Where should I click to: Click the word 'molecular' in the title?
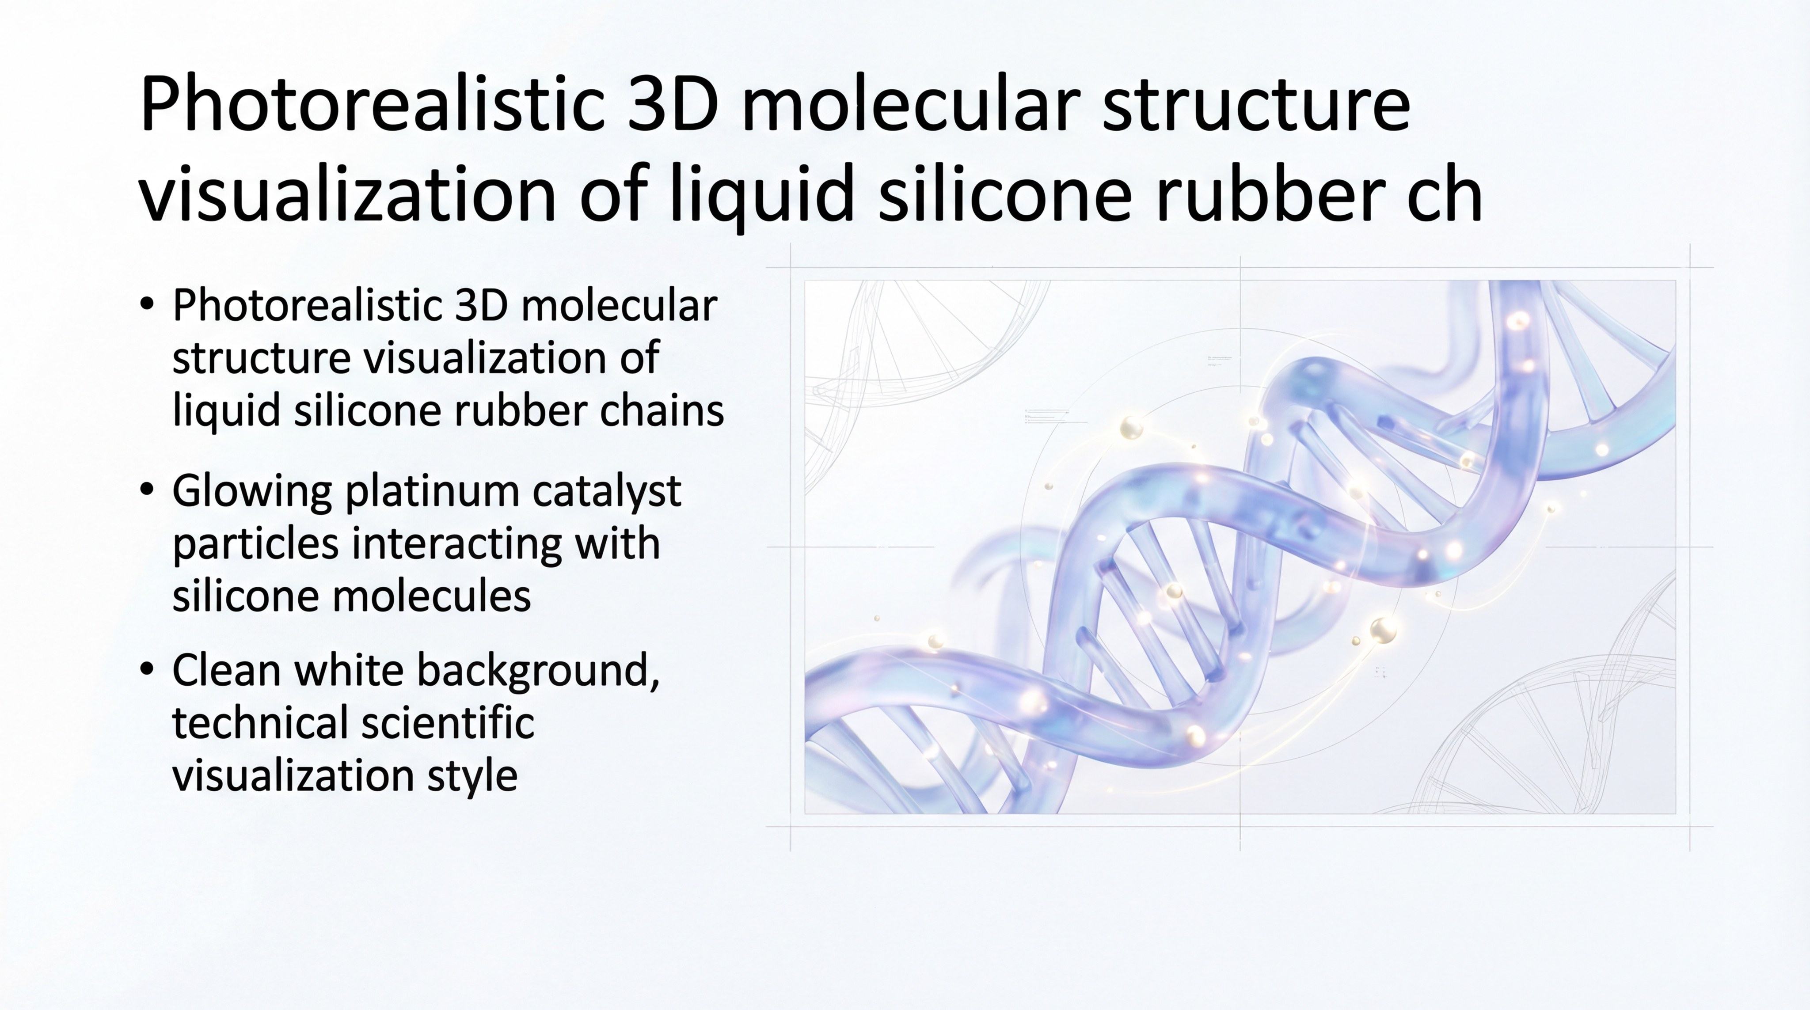pyautogui.click(x=910, y=105)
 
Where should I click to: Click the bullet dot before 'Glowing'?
pyautogui.click(x=146, y=490)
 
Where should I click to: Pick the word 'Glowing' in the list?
pyautogui.click(x=251, y=492)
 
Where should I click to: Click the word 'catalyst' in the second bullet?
pyautogui.click(x=606, y=492)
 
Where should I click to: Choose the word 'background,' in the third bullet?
pyautogui.click(x=538, y=671)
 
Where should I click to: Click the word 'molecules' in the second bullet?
pyautogui.click(x=431, y=596)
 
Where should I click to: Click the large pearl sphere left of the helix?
pyautogui.click(x=1130, y=427)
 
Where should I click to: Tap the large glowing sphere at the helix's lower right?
pyautogui.click(x=1383, y=629)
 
